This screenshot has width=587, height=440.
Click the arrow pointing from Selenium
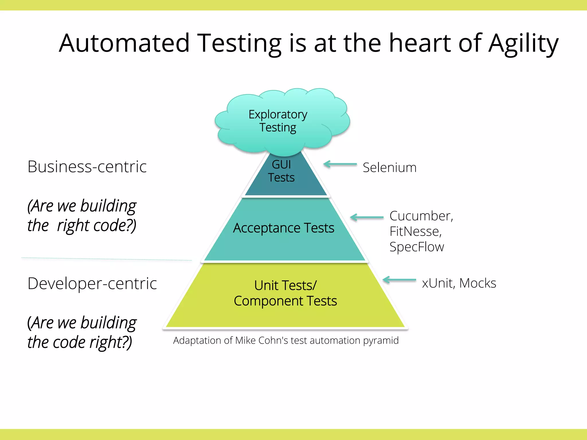click(340, 164)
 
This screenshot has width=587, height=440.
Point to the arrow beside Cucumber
click(367, 217)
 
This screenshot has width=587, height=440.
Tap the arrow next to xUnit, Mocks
click(399, 280)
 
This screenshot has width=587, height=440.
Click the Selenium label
click(390, 168)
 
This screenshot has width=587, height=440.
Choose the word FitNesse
click(415, 231)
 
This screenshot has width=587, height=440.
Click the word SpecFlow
click(417, 247)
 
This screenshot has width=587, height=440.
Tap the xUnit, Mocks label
click(459, 283)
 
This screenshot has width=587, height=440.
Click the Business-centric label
click(87, 167)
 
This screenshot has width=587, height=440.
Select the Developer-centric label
click(92, 284)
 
